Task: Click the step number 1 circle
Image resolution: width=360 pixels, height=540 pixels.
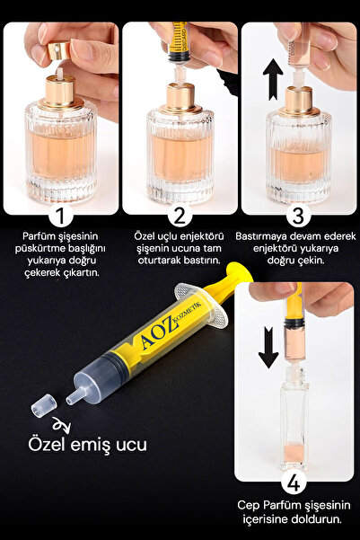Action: pos(61,216)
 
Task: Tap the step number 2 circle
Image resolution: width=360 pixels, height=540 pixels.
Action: pos(180,216)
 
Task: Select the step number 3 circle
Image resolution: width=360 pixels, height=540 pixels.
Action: pos(298,216)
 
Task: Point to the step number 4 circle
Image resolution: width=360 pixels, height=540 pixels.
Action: pos(294,482)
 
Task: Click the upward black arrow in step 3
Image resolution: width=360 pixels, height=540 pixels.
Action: pos(273,80)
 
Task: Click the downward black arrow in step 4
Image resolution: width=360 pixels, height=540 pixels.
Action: pos(268,348)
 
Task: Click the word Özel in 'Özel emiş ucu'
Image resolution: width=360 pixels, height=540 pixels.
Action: pos(48,444)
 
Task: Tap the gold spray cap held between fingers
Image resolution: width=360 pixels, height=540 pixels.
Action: pos(60,50)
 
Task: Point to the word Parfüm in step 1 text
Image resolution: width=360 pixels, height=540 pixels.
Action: pos(39,236)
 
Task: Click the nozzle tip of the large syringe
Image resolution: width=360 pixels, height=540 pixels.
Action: pos(74,398)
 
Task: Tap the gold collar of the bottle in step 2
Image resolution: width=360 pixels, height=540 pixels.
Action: pos(180,99)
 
